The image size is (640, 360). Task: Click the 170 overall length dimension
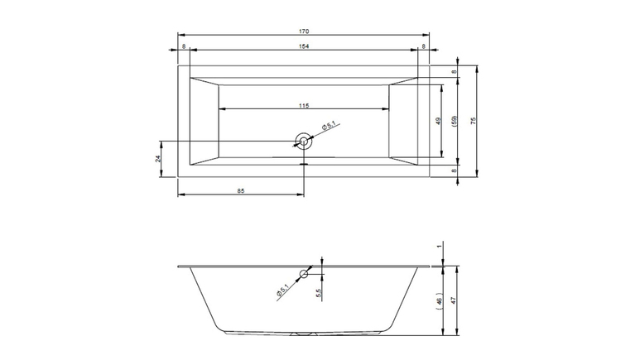[x=304, y=31]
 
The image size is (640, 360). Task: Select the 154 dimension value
[x=304, y=46]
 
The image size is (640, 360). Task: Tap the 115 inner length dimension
[x=304, y=106]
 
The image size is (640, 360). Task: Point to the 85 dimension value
[x=241, y=190]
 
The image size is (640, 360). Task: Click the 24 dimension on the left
[x=158, y=159]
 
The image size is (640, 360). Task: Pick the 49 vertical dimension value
[x=438, y=121]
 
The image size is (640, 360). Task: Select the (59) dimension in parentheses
[x=455, y=121]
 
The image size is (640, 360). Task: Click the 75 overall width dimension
[x=474, y=121]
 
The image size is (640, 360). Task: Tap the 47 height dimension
[x=453, y=300]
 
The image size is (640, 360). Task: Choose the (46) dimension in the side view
[x=439, y=301]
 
